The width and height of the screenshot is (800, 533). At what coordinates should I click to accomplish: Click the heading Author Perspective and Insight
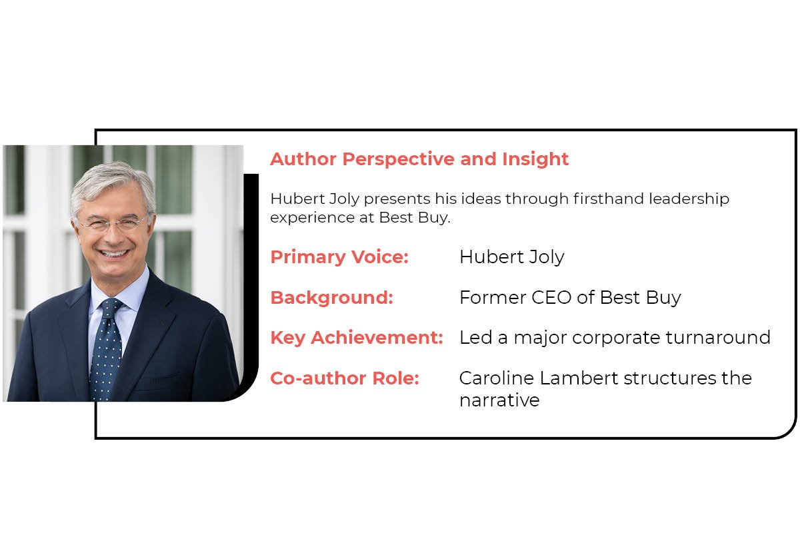point(419,159)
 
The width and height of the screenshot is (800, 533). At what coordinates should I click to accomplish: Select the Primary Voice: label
point(339,257)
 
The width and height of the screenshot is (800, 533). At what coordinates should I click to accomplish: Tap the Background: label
point(331,298)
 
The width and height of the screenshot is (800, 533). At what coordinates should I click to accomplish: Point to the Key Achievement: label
point(356,338)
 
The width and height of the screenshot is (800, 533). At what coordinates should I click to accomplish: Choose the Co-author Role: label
point(344,378)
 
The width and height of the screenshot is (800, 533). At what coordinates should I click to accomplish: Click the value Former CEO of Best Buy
point(570,298)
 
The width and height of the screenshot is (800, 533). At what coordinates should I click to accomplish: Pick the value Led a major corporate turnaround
point(615,338)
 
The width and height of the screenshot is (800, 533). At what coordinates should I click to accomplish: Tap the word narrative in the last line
point(499,400)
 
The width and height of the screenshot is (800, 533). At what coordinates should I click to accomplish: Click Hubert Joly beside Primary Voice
point(511,257)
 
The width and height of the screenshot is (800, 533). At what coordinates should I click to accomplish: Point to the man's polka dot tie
point(107,346)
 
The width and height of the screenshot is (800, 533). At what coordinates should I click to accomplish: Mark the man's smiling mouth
point(115,254)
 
